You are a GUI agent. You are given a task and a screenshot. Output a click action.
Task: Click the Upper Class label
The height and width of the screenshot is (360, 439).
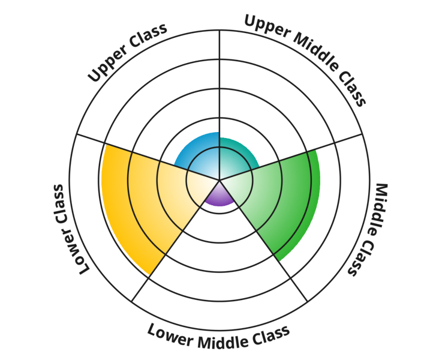pyautogui.click(x=127, y=53)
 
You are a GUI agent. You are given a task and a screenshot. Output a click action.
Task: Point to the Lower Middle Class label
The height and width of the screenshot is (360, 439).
pyautogui.click(x=218, y=335)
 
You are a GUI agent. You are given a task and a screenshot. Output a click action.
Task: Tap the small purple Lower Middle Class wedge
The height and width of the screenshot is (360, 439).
pyautogui.click(x=220, y=195)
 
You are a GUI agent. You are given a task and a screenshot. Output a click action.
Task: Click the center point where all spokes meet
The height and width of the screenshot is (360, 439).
pyautogui.click(x=220, y=179)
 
